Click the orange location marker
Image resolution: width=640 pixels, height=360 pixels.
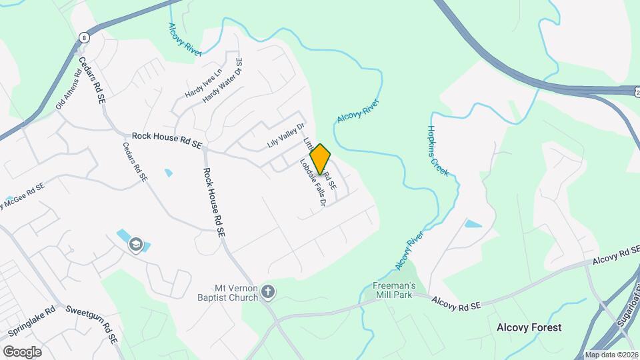pos(320,159)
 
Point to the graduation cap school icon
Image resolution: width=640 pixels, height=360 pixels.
pos(137,245)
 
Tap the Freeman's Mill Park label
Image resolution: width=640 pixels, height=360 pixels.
pos(393,290)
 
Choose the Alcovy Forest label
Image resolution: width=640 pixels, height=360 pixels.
pos(529,327)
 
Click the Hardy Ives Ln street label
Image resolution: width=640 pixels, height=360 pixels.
pos(203,84)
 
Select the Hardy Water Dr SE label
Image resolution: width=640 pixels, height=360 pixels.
pos(223,80)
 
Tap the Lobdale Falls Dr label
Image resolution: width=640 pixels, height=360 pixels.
pos(311,181)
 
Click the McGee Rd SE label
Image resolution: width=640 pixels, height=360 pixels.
pos(23,194)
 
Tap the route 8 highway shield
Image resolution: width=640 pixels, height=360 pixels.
pos(83,37)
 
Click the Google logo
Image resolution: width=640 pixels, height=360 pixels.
pos(21,351)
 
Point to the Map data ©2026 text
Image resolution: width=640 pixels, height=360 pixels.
pos(611,355)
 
